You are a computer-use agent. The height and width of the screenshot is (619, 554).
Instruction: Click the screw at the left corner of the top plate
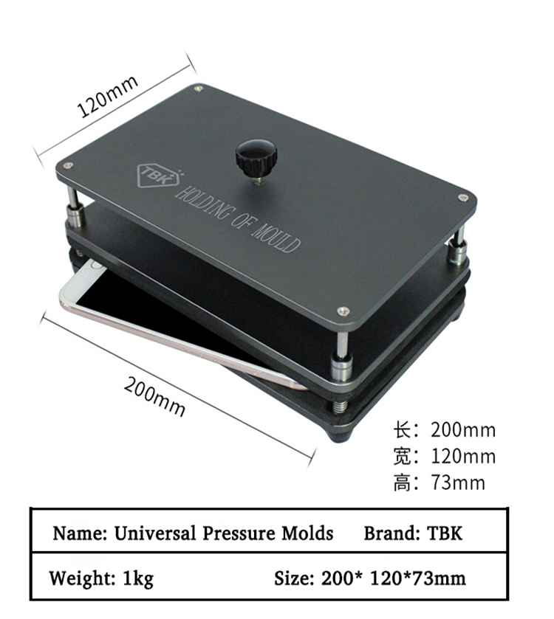click(68, 165)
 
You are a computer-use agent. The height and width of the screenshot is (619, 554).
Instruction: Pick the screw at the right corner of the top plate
click(462, 197)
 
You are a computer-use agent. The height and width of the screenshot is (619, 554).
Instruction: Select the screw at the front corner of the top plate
click(342, 311)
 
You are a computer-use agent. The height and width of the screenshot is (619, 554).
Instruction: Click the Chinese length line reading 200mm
click(443, 430)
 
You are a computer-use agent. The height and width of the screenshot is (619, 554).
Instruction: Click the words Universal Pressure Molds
click(223, 533)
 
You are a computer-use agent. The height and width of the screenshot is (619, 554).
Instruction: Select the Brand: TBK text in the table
click(413, 533)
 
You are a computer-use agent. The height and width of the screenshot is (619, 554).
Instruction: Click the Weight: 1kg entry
click(101, 578)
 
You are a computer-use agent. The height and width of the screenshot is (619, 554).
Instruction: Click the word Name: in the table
click(80, 533)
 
